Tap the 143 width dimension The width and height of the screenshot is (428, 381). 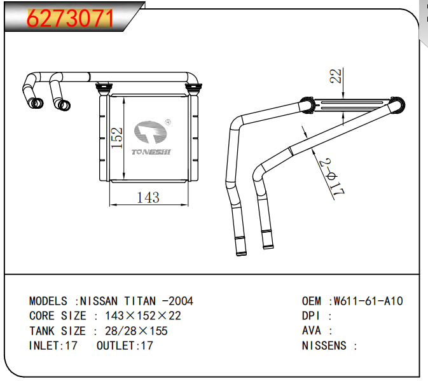point(148,198)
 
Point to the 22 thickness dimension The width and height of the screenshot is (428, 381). point(338,76)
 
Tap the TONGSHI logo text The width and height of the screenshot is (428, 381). point(150,152)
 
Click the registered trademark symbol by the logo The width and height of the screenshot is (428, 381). point(167,122)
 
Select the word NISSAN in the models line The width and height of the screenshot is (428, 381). point(100,301)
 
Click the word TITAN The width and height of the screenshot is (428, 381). point(140,301)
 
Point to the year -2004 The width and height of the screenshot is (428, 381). point(177,301)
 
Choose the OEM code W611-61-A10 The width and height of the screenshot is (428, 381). point(369,301)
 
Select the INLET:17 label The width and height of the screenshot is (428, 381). point(53,346)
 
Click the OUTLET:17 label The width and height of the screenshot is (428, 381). point(125,346)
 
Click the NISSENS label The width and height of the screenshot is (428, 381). point(325,346)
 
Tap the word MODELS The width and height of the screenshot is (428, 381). point(48,301)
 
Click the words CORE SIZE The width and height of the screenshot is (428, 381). point(58,316)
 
